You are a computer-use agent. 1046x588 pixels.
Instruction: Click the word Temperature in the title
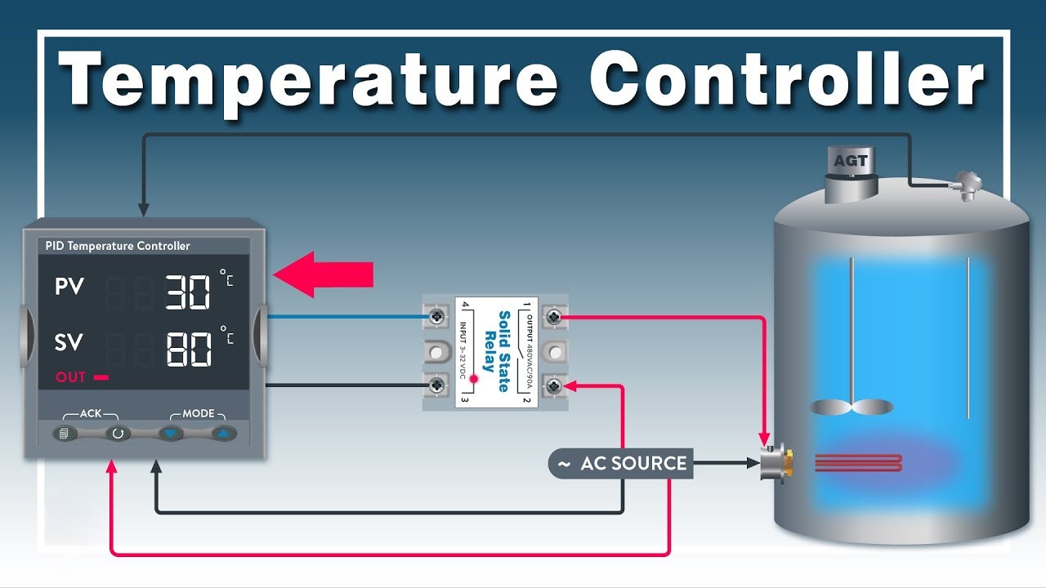(308, 80)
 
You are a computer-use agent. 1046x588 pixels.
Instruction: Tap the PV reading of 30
(188, 292)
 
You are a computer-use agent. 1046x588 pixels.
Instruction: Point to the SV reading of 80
(189, 349)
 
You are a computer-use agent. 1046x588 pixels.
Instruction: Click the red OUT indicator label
(70, 377)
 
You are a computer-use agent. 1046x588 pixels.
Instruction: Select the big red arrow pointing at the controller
(323, 274)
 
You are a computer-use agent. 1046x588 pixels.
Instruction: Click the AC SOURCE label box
(621, 463)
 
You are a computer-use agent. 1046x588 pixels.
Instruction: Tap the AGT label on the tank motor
(851, 161)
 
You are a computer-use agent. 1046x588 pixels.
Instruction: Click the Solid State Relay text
(497, 351)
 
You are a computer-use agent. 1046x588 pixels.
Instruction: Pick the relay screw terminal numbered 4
(436, 317)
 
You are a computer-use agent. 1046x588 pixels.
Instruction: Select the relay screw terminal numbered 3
(436, 385)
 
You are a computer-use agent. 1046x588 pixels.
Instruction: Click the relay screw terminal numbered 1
(554, 317)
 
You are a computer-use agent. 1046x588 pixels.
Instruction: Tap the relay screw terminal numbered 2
(554, 386)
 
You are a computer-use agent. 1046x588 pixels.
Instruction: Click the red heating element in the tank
(858, 463)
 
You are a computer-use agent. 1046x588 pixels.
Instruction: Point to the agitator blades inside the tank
(852, 407)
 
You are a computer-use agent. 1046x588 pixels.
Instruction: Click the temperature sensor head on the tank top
(967, 185)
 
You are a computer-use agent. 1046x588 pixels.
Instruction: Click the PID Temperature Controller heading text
(118, 246)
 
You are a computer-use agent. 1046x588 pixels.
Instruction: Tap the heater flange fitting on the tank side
(776, 463)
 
